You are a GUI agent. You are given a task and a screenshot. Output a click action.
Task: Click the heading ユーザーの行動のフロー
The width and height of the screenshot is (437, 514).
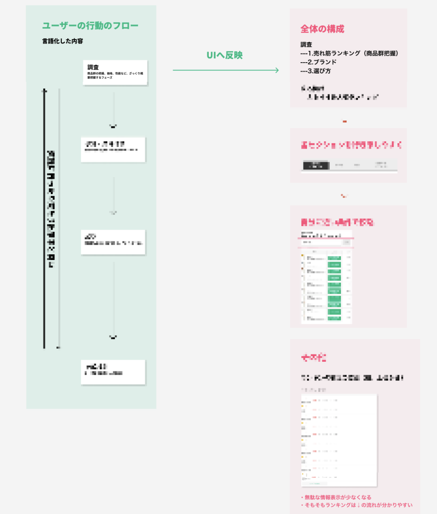click(x=90, y=26)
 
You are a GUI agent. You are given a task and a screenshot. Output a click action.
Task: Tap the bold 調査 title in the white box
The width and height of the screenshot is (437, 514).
click(x=93, y=67)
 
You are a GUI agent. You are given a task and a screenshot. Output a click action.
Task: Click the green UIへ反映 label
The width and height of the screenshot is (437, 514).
click(x=224, y=55)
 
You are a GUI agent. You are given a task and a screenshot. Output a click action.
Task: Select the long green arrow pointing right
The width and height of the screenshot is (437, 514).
click(x=225, y=70)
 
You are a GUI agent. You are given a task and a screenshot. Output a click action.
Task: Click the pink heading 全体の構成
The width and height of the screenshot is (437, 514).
click(x=322, y=29)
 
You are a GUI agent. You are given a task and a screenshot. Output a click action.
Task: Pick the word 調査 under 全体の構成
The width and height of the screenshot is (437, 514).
click(x=306, y=45)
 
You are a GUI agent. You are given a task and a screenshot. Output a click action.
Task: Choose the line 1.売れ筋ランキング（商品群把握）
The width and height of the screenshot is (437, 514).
click(x=349, y=53)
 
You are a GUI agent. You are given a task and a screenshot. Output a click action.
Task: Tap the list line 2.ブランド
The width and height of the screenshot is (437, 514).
click(x=318, y=62)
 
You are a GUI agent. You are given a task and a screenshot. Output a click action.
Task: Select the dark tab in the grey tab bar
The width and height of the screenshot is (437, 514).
click(x=316, y=165)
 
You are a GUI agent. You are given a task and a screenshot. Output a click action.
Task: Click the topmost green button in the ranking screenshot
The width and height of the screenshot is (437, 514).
click(x=334, y=258)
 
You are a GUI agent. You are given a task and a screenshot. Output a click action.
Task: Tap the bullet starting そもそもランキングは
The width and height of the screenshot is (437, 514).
click(x=356, y=505)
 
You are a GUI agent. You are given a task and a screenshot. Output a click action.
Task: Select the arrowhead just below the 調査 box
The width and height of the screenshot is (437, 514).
click(x=113, y=127)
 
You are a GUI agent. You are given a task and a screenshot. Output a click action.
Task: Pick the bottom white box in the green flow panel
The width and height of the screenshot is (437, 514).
click(x=113, y=372)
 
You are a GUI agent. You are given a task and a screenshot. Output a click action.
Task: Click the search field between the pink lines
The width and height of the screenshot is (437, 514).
click(x=322, y=242)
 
